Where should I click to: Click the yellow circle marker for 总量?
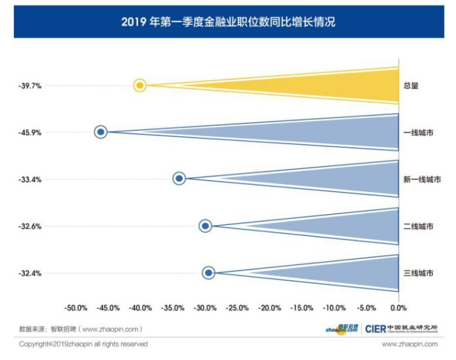[x=140, y=85]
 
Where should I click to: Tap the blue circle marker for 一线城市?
[x=101, y=131]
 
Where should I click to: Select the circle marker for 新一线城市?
[x=179, y=178]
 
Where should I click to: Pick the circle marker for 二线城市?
[x=206, y=226]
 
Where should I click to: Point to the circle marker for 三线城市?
[x=209, y=273]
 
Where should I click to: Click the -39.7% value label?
[x=30, y=86]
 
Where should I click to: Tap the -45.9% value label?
[x=30, y=133]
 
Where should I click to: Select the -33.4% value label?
[x=30, y=179]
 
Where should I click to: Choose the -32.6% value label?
[x=30, y=226]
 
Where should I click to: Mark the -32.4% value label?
[x=30, y=274]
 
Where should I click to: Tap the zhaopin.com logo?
[x=341, y=329]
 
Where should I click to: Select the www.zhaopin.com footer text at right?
[x=409, y=344]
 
